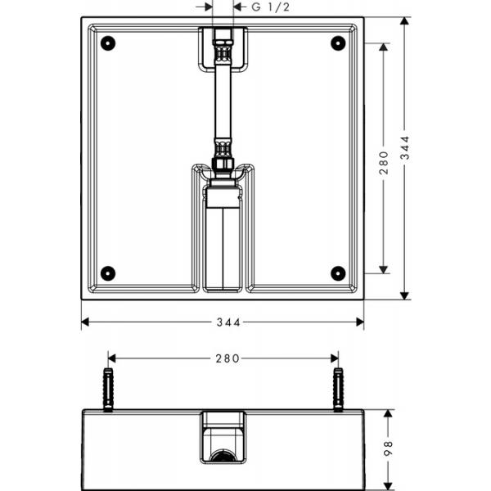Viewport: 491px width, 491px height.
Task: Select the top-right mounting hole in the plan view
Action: [336, 43]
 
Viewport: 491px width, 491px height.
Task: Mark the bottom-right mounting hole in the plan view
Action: [336, 273]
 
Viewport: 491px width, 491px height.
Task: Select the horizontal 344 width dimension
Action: [223, 322]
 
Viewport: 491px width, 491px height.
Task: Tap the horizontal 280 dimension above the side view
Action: [223, 358]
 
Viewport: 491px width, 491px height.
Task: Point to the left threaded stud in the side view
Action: [109, 390]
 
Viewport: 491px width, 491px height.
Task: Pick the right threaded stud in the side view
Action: [336, 390]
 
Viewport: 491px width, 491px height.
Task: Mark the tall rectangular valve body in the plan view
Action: [223, 245]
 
